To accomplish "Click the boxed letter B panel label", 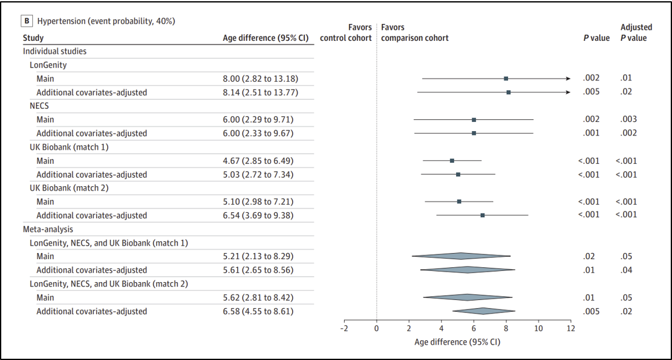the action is point(28,20).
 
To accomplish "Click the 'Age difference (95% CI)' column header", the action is point(265,38).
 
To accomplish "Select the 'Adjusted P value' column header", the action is point(636,33).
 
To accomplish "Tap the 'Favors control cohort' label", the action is point(346,33).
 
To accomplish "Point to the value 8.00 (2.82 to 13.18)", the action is point(258,79).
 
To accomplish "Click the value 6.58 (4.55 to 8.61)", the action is point(256,311).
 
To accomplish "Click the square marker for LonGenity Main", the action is point(506,79).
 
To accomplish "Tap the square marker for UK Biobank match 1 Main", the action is point(452,161).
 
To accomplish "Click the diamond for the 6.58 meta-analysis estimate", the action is point(483,311).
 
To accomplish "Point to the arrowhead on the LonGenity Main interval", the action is point(568,79).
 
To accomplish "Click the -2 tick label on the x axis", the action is point(343,328).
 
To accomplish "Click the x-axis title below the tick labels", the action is point(457,343).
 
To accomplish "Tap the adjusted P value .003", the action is point(628,119).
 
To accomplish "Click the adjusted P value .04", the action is point(626,270).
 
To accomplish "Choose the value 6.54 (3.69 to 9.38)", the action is point(256,215).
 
